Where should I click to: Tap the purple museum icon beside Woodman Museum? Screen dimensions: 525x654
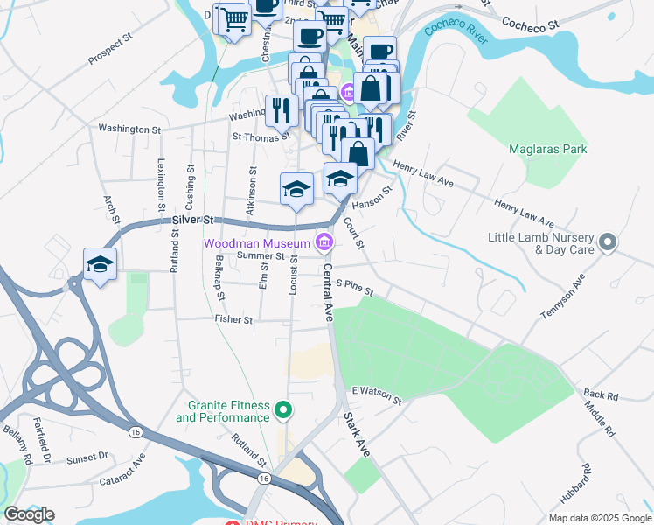[324, 241]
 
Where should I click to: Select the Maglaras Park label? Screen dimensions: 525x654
[548, 149]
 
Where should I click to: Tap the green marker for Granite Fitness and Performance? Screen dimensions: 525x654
[282, 409]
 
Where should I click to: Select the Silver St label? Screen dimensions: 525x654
[192, 220]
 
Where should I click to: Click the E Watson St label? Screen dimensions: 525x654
[376, 395]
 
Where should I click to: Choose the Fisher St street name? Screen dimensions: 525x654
[233, 320]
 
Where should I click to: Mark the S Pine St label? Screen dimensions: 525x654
[356, 286]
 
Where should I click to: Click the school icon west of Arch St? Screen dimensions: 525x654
[101, 265]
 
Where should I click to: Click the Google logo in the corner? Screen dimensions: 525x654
[29, 514]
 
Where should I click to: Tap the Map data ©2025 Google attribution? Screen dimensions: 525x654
[599, 518]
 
